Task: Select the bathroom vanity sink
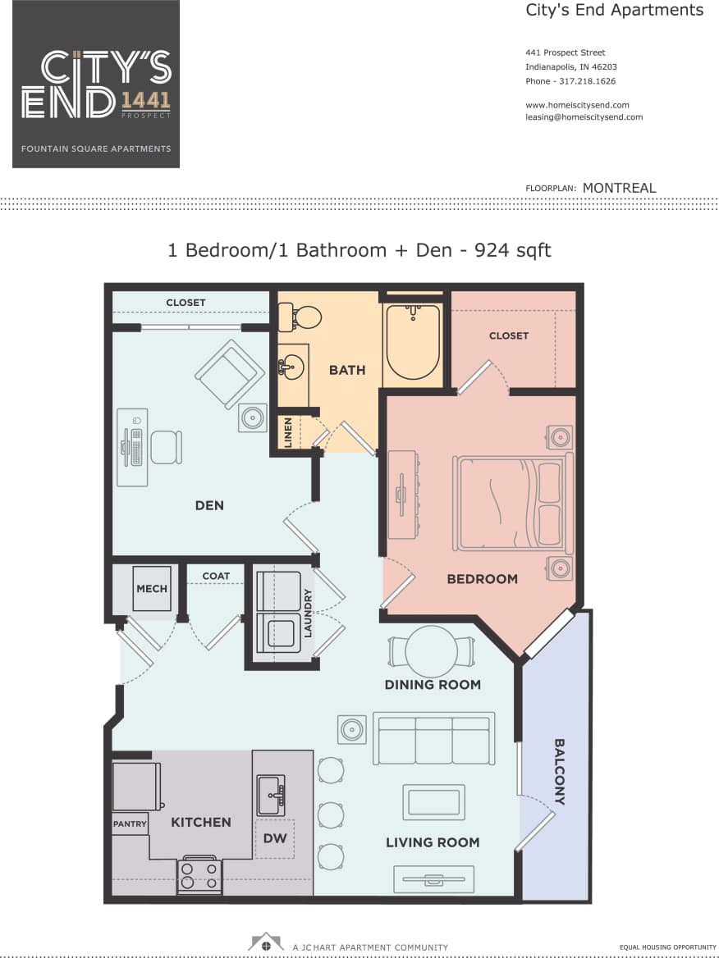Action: (291, 366)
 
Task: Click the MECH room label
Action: (152, 588)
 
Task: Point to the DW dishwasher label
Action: (274, 838)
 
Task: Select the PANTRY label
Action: (130, 823)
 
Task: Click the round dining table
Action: (431, 650)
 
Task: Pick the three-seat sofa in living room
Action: (433, 738)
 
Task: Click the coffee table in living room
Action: (433, 801)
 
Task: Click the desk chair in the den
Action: (165, 447)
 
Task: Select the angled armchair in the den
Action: (229, 374)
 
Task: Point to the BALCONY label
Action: (559, 771)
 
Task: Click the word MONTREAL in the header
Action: (619, 188)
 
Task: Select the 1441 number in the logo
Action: (146, 100)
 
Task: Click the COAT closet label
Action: (216, 576)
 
